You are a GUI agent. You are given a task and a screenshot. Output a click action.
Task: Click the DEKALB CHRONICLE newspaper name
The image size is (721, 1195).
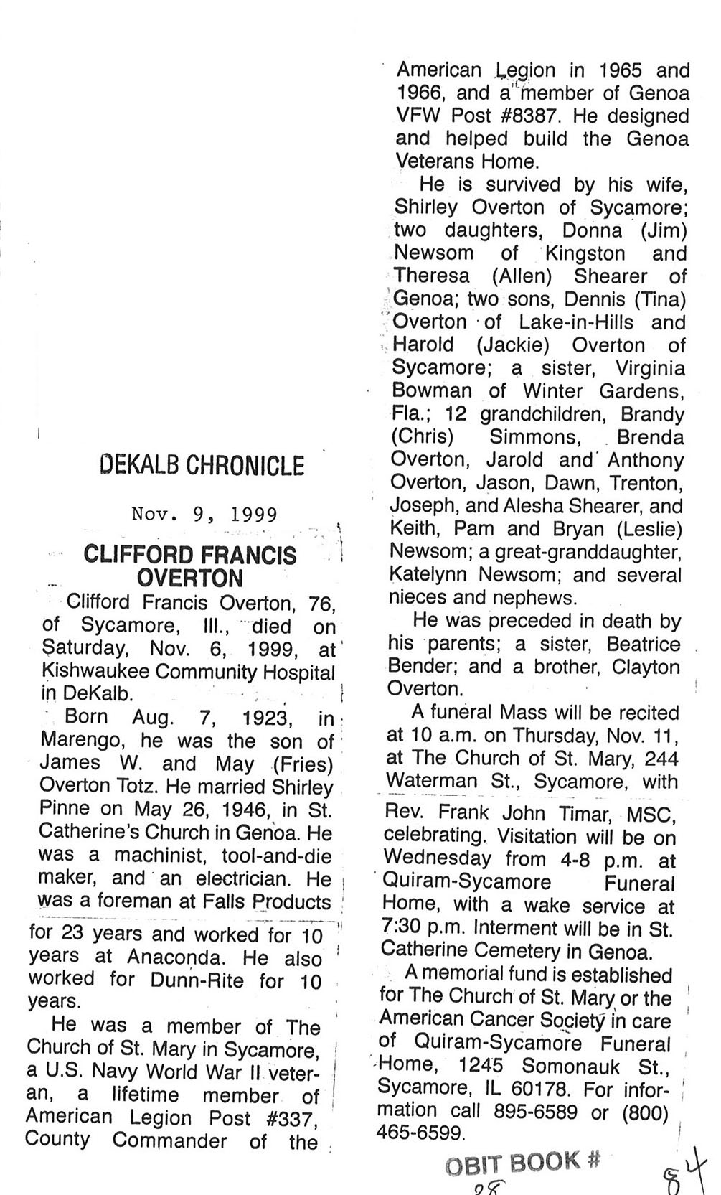point(202,467)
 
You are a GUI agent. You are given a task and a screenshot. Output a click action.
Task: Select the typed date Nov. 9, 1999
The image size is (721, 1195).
point(204,514)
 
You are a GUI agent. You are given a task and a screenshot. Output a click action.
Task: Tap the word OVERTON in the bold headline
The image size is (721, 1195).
point(189,578)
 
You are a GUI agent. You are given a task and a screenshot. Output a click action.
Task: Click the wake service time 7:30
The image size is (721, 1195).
point(406,928)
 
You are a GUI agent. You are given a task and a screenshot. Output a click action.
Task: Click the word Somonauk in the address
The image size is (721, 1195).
point(572,1065)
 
